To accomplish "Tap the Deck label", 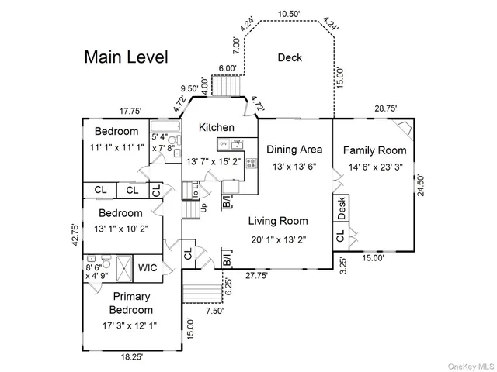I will (x=290, y=57).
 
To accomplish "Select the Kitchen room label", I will (x=217, y=127).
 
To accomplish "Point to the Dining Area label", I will (x=294, y=150).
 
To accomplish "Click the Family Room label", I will (x=374, y=150).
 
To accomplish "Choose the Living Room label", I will (x=278, y=221).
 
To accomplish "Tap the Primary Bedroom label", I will (x=131, y=303).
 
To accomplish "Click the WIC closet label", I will (x=148, y=268).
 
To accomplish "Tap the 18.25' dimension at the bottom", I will (x=131, y=357).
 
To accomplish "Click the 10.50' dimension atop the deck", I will (x=290, y=14).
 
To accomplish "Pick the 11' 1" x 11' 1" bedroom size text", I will (x=116, y=146).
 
